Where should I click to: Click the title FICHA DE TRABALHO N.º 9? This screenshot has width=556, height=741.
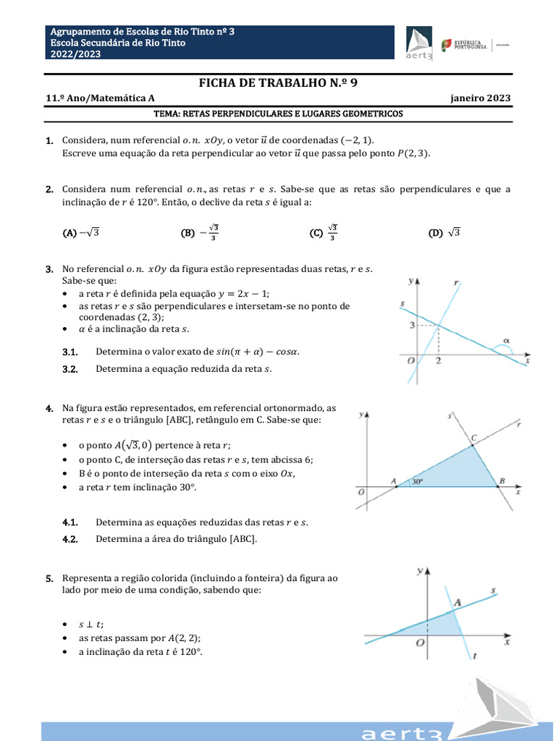tap(278, 83)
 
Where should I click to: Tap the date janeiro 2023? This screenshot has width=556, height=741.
tap(480, 98)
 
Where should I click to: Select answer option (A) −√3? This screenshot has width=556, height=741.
tap(80, 232)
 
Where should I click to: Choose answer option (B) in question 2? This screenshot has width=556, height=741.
tap(200, 232)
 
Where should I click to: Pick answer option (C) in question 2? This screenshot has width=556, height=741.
tap(323, 232)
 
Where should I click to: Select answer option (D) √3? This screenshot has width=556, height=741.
tap(445, 232)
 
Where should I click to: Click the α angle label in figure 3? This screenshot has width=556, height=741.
tap(506, 339)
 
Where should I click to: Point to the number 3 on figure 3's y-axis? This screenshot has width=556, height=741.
tap(411, 326)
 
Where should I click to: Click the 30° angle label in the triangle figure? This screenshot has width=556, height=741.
tap(418, 480)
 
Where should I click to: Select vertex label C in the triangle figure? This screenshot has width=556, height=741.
tap(474, 437)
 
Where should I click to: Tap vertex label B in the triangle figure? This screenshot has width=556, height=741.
tap(502, 480)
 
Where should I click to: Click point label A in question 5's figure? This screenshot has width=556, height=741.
tap(458, 601)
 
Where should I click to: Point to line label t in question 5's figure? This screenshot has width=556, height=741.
tap(474, 656)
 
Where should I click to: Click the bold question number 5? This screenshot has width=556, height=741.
tap(49, 578)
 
